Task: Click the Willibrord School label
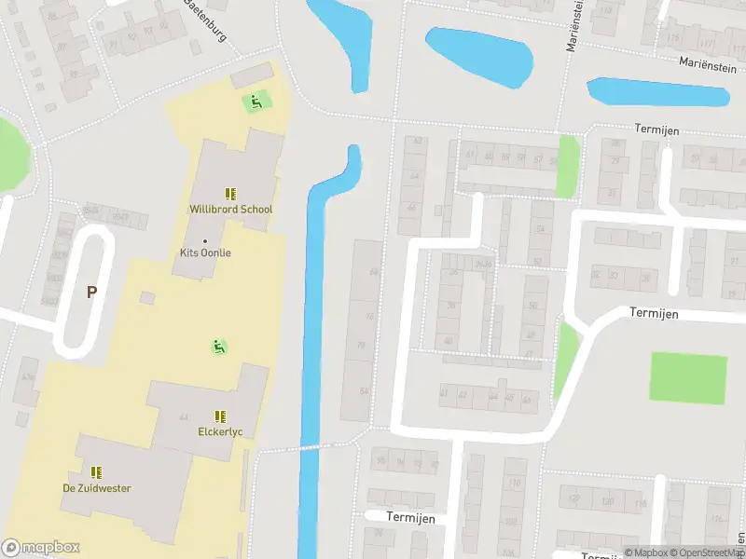(x=230, y=209)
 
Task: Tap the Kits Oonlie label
(x=205, y=252)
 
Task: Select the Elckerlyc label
(x=220, y=432)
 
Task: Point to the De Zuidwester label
(x=96, y=488)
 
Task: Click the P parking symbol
(x=91, y=293)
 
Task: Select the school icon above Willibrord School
(x=230, y=193)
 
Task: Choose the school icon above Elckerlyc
(x=220, y=416)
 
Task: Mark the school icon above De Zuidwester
(x=96, y=472)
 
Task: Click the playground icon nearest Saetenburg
(x=254, y=101)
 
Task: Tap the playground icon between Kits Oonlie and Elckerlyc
(x=219, y=347)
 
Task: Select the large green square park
(x=688, y=378)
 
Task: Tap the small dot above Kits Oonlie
(x=205, y=241)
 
